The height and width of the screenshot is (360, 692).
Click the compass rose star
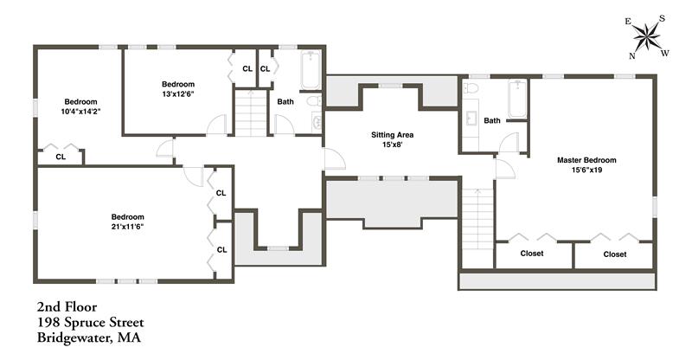(646, 36)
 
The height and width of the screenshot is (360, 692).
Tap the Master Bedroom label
(586, 160)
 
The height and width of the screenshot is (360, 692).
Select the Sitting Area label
(392, 135)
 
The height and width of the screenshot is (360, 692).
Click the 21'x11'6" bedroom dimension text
(127, 227)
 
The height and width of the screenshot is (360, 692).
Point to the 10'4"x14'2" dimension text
(80, 112)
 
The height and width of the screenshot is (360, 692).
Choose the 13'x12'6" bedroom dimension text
(178, 93)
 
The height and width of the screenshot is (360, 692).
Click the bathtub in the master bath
(517, 98)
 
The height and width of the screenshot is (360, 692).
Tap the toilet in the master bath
(471, 88)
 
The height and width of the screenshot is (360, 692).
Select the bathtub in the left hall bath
(311, 70)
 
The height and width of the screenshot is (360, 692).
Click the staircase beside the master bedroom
(477, 219)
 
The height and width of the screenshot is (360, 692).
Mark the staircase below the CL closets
(251, 112)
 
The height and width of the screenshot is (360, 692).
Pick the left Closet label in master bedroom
(532, 253)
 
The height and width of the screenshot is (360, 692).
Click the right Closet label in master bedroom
(615, 254)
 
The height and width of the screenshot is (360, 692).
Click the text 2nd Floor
(67, 306)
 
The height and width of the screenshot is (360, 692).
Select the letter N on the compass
(632, 55)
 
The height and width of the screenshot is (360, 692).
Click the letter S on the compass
(662, 18)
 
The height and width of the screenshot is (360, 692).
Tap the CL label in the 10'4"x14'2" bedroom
(61, 157)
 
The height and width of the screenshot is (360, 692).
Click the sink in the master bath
(471, 119)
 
